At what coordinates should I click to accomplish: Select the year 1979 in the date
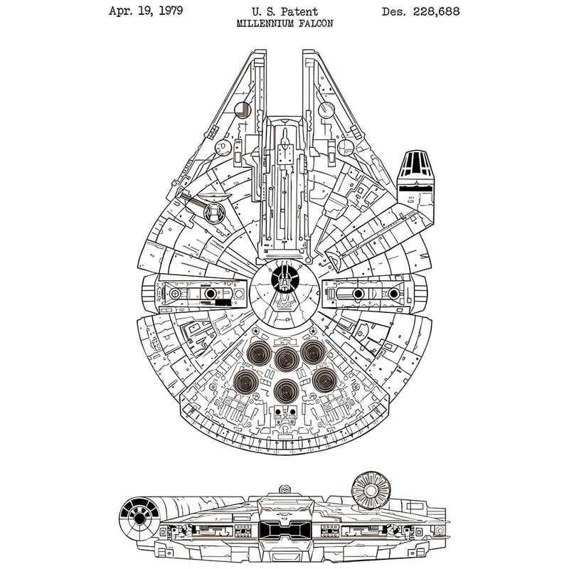[166, 11]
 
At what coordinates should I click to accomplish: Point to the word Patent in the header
[302, 11]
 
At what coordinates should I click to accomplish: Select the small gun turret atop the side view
[284, 490]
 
